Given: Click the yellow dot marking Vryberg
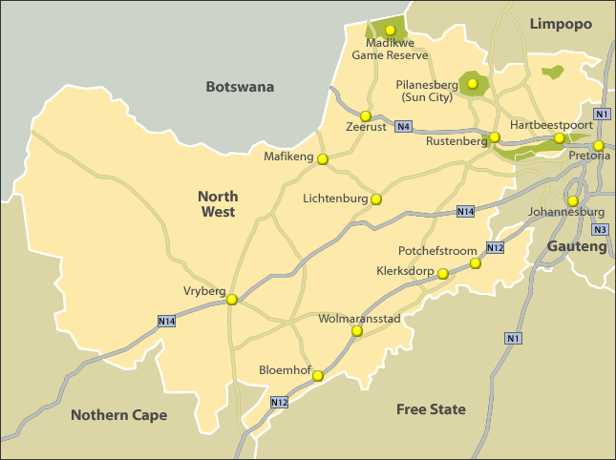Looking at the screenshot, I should (232, 300).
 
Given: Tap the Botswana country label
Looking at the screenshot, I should (240, 87).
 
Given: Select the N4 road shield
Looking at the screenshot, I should (404, 126).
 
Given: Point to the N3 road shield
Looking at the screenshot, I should (600, 229).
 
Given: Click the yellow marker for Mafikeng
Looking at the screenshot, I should (323, 159).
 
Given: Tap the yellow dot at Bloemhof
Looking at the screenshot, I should (318, 376).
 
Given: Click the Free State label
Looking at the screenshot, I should (431, 409).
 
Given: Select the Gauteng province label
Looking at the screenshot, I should (576, 247).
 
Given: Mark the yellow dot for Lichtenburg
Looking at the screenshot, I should (376, 199).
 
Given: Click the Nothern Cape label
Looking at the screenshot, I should (118, 415).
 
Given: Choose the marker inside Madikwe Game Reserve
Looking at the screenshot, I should (390, 30).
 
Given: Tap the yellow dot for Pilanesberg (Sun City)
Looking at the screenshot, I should (472, 84).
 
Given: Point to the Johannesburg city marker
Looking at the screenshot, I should (572, 200).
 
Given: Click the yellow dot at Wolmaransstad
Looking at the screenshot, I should (357, 331).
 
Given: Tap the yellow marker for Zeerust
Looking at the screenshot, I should (364, 115).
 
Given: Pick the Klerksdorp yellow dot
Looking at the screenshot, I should (443, 273).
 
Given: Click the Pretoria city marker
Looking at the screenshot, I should (599, 146).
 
